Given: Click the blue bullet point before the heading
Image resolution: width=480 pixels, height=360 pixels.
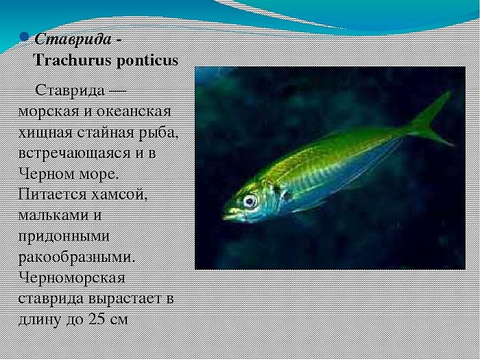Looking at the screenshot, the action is [24, 37].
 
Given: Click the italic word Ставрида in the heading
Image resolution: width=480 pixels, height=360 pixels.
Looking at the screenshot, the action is [73, 40].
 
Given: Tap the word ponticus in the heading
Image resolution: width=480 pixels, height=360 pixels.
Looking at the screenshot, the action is [147, 61].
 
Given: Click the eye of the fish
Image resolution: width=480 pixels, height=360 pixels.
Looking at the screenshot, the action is [250, 202].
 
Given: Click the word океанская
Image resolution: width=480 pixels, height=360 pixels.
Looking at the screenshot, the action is [134, 111].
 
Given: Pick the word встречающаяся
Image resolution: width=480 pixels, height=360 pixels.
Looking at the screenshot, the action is [74, 154].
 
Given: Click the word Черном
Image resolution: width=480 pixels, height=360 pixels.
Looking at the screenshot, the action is [45, 174].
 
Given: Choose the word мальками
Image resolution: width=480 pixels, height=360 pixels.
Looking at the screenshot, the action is [52, 215].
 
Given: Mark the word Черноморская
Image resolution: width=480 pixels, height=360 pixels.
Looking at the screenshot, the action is [71, 278].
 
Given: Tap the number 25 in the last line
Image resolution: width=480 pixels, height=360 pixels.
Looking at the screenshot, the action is [97, 319].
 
